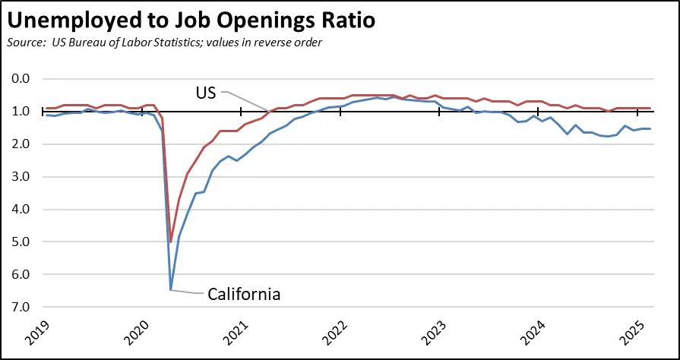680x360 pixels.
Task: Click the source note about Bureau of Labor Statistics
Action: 163,42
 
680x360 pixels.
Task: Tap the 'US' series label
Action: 204,93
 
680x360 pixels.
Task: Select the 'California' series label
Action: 244,294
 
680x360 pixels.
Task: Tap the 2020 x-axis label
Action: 134,334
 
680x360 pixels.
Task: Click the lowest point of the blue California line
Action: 171,289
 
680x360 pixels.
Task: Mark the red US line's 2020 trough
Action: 171,242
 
